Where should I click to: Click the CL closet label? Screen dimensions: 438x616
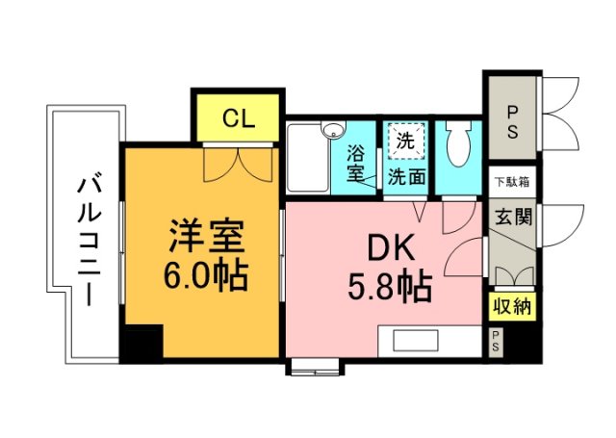(238, 118)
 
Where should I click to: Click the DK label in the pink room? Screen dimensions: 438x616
(390, 248)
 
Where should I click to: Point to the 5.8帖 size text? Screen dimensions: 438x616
(390, 286)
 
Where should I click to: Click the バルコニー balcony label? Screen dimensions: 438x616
(88, 241)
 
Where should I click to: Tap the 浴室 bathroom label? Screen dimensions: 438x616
(356, 163)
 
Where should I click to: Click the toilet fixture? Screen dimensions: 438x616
(458, 150)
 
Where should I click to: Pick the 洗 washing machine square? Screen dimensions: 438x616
(405, 141)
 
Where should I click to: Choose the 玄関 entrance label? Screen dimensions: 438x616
(510, 217)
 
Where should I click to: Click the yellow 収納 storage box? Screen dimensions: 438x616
(510, 307)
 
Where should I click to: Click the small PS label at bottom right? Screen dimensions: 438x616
(496, 339)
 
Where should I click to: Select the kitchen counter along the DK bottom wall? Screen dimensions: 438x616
(428, 340)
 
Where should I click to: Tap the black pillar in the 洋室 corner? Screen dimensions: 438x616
(142, 341)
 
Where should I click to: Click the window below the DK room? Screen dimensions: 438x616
(315, 366)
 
